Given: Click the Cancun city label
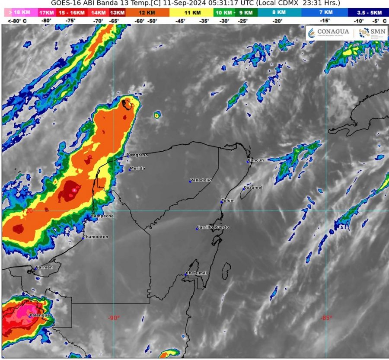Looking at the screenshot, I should coord(255,160).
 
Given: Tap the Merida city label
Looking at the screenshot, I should coord(137,169).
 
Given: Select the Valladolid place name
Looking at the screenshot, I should coord(201,180).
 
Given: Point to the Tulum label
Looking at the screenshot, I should coord(228,201).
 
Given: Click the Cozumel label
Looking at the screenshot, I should coord(253,188).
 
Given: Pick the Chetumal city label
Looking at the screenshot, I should coord(197,273).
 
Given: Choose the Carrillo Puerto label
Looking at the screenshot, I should coord(213,227).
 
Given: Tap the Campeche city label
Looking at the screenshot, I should coord(103,216).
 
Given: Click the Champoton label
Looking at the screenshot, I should coord(96,237).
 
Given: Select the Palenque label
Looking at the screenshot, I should coord(39,315).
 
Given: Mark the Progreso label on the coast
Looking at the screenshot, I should coord(138,155).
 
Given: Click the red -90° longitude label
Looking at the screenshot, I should coord(114,318).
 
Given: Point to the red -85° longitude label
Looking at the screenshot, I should coord(326,318).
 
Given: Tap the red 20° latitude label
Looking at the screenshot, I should coord(30,211).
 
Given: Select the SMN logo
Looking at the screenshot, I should coord(372,32).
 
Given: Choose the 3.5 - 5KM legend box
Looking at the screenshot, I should coord(369,13).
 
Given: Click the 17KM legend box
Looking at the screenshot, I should coord(46,13).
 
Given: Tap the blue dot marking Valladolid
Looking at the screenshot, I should coord(190,182).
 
